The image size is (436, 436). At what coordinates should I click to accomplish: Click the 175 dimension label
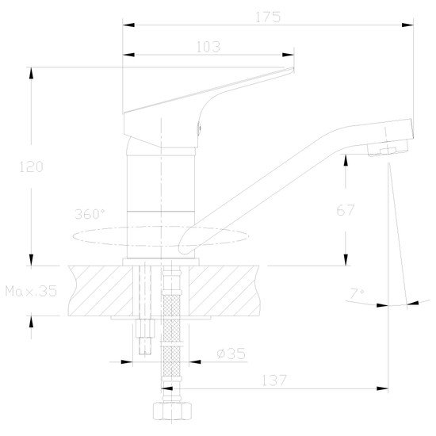[268, 17]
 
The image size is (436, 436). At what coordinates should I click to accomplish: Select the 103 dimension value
[208, 47]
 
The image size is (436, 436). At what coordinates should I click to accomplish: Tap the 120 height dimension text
[31, 166]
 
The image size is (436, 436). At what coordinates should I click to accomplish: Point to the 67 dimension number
[346, 210]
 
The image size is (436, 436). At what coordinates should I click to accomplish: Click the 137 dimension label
[274, 381]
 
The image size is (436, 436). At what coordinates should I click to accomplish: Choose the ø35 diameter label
[231, 354]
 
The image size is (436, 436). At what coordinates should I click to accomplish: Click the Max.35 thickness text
[31, 291]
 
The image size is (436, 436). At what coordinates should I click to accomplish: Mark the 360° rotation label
[90, 214]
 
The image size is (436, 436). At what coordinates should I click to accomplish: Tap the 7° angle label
[357, 293]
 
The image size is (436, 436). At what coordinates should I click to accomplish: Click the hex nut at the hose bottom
[172, 411]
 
